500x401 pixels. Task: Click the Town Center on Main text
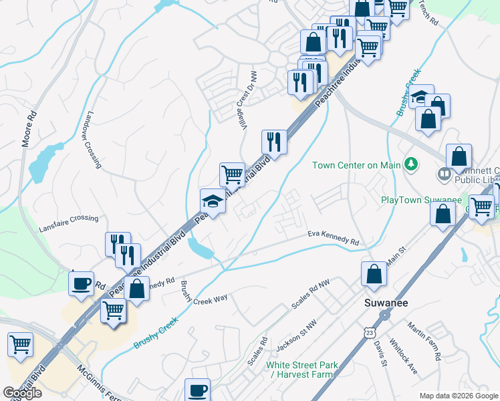(357, 164)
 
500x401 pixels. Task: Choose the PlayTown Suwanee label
(421, 200)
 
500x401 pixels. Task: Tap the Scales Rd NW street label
(311, 295)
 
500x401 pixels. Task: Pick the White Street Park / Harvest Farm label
(302, 370)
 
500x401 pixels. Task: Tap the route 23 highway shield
(370, 332)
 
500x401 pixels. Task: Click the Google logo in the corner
(22, 393)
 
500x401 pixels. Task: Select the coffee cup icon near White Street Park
(197, 389)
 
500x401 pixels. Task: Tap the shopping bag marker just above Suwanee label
(374, 273)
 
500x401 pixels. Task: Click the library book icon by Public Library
(444, 174)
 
